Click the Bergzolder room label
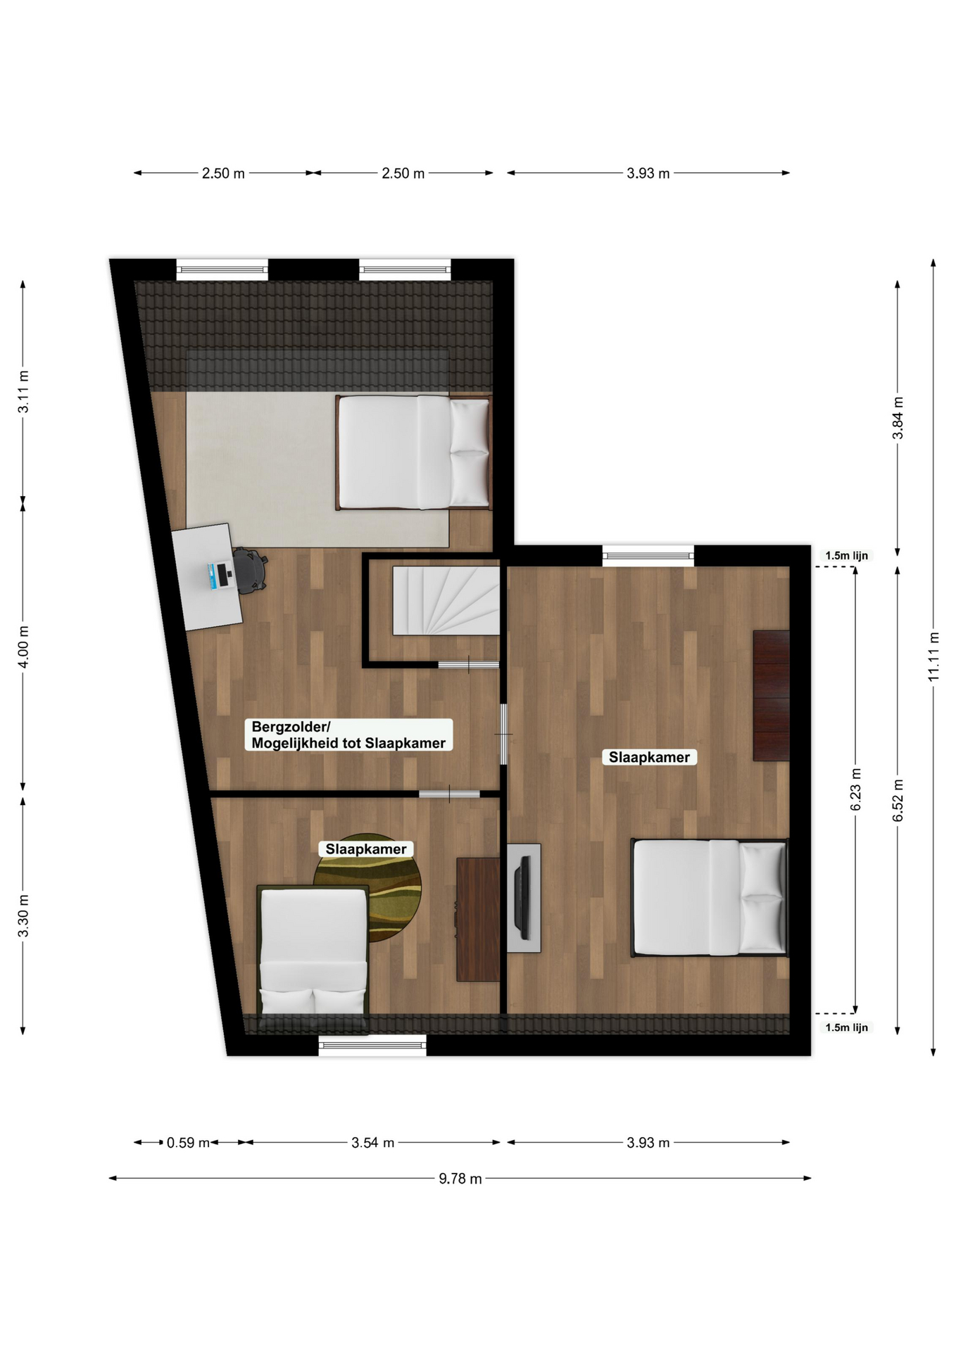pyautogui.click(x=348, y=735)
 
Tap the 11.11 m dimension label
pyautogui.click(x=933, y=657)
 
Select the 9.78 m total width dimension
pyautogui.click(x=460, y=1179)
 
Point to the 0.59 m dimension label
pyautogui.click(x=188, y=1143)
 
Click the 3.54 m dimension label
pyautogui.click(x=372, y=1143)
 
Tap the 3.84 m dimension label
pyautogui.click(x=898, y=418)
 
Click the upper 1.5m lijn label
pyautogui.click(x=846, y=556)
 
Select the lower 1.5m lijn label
pyautogui.click(x=846, y=1027)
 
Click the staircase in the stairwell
pyautogui.click(x=446, y=600)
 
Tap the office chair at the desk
pyautogui.click(x=250, y=569)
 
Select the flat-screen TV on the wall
pyautogui.click(x=522, y=898)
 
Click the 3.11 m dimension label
pyautogui.click(x=23, y=391)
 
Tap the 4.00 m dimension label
pyautogui.click(x=23, y=647)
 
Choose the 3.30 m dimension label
pyautogui.click(x=23, y=916)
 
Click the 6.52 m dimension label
pyautogui.click(x=898, y=800)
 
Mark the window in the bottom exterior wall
pyautogui.click(x=372, y=1045)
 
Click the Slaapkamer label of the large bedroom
pyautogui.click(x=649, y=757)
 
